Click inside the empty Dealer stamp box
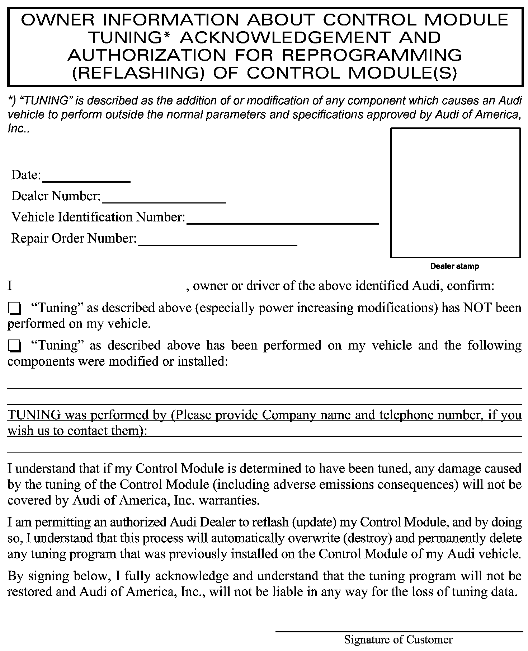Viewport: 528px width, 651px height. [455, 193]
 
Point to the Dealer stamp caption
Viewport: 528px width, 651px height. [454, 266]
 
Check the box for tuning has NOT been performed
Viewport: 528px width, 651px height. [15, 308]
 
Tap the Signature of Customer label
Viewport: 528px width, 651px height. [398, 640]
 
